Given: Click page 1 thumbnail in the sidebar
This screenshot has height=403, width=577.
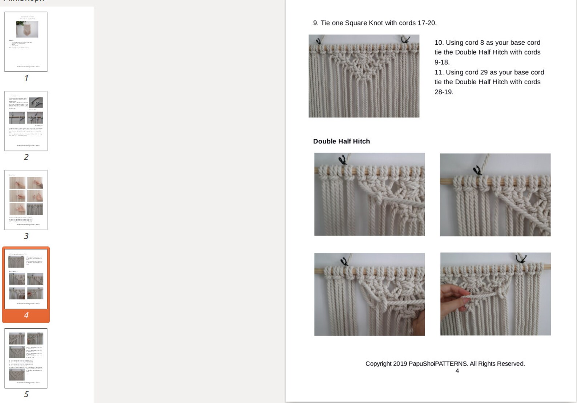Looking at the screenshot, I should [x=26, y=42].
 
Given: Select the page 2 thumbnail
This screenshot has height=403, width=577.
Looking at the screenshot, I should [x=26, y=121].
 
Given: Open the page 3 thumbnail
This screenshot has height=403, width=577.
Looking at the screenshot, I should [x=26, y=200].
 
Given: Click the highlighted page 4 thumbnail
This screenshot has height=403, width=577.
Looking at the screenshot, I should [x=26, y=279].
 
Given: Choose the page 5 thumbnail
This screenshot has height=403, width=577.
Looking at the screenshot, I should [x=26, y=358].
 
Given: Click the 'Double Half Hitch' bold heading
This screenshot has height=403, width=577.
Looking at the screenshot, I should [x=341, y=141].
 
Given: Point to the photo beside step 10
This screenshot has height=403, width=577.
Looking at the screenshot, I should [x=364, y=76].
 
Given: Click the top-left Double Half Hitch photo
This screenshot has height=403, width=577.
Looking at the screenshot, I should [x=369, y=194].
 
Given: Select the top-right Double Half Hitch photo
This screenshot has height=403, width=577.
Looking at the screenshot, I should [x=495, y=195].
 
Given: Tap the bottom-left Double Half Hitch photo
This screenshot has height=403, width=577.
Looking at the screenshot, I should [x=369, y=294].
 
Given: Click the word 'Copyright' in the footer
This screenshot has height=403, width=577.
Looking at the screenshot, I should [x=378, y=363].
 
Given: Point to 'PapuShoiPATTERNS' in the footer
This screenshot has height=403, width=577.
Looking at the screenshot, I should [x=437, y=363].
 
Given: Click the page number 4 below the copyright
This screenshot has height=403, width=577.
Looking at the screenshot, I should [x=457, y=371].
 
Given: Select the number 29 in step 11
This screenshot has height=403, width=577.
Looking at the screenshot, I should [x=484, y=72].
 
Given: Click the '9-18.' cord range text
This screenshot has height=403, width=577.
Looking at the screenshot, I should [x=442, y=62].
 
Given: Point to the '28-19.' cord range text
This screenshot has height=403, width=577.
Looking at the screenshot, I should [x=444, y=92].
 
